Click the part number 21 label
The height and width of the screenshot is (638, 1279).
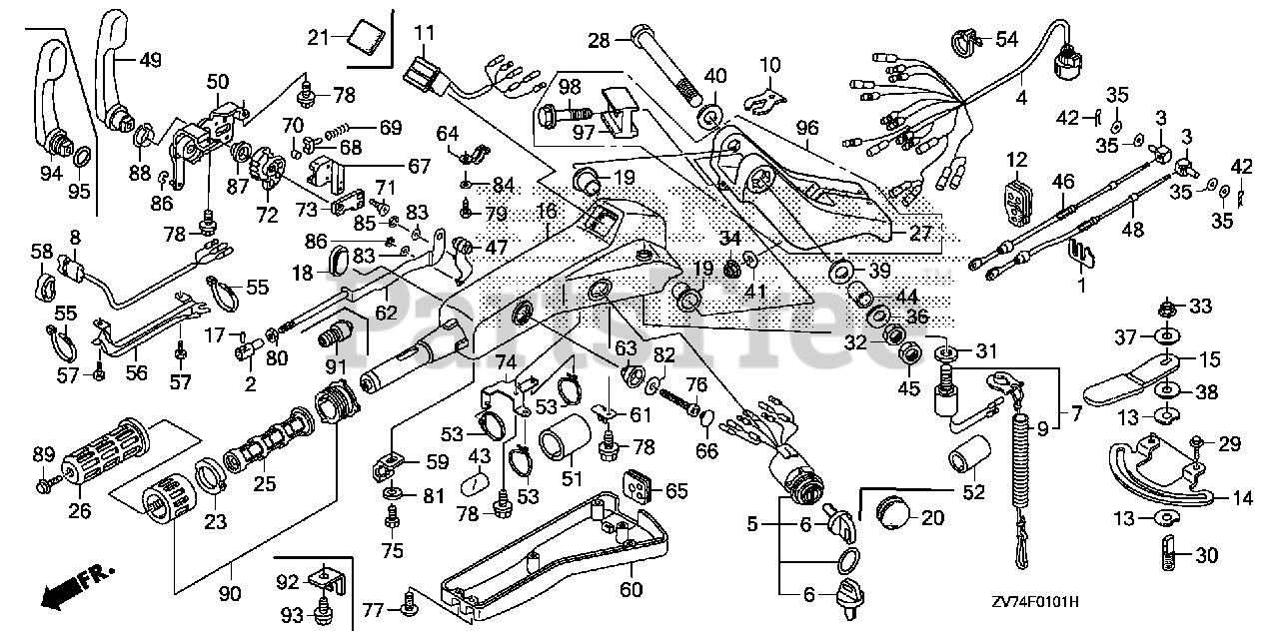pos(318,38)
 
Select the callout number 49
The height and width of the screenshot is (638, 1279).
pos(150,60)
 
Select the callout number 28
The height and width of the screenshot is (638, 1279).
pos(599,41)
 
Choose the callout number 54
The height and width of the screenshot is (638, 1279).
pos(1004,39)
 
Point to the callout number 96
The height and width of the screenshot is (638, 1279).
pos(807,127)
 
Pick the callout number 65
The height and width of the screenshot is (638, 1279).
pos(677,490)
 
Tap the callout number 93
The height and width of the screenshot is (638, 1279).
pos(288,613)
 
